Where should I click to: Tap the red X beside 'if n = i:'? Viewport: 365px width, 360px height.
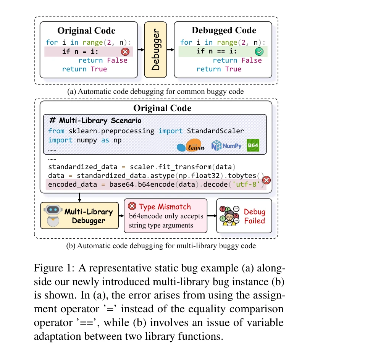(125, 52)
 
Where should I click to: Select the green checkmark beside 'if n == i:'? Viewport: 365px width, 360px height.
(260, 52)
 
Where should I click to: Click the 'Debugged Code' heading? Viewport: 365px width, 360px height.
(224, 31)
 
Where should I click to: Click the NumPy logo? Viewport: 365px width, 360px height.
(226, 145)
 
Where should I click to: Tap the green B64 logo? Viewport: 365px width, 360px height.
(253, 145)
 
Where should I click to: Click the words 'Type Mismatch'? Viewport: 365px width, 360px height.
(165, 207)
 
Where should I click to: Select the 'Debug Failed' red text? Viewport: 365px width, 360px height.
(254, 216)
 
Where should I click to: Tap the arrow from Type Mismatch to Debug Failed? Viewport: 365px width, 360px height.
(212, 216)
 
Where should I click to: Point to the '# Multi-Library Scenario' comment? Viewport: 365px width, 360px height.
(95, 121)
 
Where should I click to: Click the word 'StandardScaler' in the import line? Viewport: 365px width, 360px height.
(215, 131)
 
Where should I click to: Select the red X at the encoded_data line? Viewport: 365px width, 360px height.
(267, 180)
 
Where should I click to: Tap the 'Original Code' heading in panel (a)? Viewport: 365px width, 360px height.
(86, 31)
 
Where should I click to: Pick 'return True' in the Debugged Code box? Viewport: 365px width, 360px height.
(219, 69)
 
